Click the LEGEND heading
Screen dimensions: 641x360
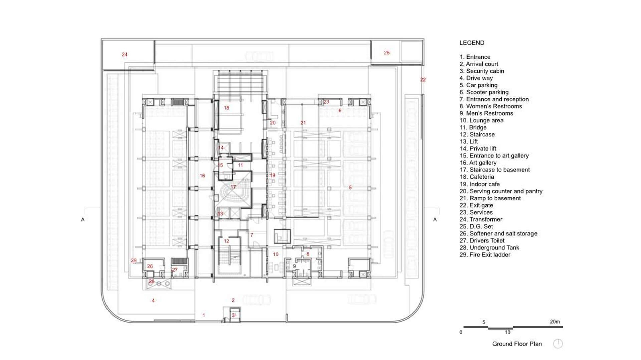pos(472,43)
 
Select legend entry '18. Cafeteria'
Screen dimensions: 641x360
pos(477,177)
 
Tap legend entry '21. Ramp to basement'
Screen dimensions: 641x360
pos(490,198)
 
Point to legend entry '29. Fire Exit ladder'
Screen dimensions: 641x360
pos(485,255)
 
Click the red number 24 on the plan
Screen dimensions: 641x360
pos(125,54)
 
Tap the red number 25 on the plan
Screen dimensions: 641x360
pos(387,53)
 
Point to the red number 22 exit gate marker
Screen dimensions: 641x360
pos(423,80)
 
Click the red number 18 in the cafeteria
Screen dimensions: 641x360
pos(226,108)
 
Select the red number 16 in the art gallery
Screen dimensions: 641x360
pos(202,176)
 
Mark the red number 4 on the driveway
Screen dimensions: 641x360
pos(153,301)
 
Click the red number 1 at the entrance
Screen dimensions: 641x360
pos(204,315)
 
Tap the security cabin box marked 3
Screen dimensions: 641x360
pos(235,315)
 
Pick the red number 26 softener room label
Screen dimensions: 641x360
pos(150,266)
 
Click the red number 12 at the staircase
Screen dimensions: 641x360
pos(226,241)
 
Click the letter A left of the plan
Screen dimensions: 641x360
pos(83,220)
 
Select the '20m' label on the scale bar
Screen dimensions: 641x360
pos(555,322)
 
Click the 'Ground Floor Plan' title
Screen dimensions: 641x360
pos(517,344)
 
